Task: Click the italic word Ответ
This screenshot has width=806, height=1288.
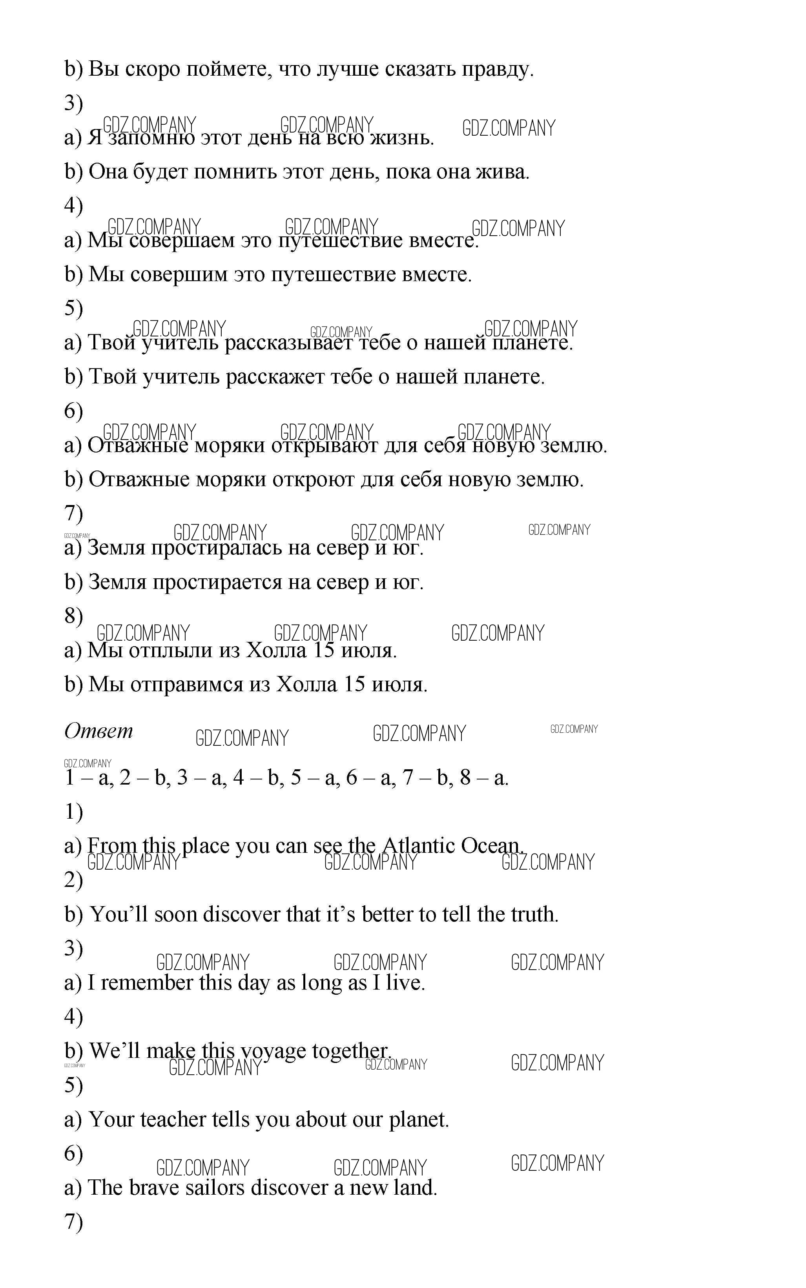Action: point(98,731)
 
